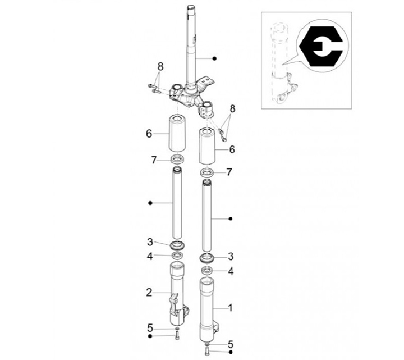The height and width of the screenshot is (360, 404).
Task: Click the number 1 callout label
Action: click(231, 308)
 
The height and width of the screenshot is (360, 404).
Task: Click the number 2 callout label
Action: click(149, 293)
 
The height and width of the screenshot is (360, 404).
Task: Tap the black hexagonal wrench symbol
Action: click(321, 46)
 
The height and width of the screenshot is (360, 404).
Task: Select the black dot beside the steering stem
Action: click(214, 58)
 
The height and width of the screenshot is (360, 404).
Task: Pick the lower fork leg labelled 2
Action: click(178, 294)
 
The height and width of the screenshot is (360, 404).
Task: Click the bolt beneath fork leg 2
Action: click(177, 336)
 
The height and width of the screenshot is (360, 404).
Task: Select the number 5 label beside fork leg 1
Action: click(231, 344)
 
